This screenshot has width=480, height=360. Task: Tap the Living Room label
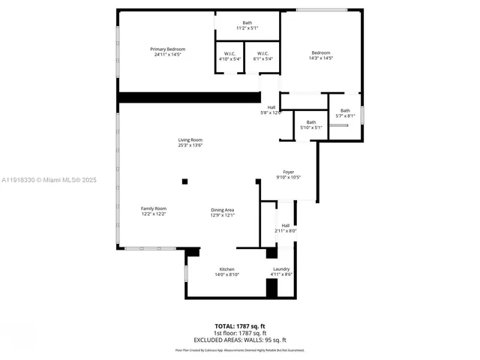click(x=190, y=142)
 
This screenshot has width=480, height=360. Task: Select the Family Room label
click(x=154, y=211)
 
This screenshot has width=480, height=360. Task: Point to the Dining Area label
click(x=223, y=212)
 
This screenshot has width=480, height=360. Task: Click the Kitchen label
click(x=226, y=271)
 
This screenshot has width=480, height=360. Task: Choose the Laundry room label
click(x=281, y=271)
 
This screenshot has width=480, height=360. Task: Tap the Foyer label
click(x=289, y=175)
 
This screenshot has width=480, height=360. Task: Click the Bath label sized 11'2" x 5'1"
click(x=247, y=25)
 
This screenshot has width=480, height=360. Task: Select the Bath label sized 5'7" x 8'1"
click(x=345, y=113)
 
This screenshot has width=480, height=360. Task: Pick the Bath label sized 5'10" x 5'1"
click(x=310, y=124)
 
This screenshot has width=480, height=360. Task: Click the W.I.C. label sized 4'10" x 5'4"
click(x=229, y=56)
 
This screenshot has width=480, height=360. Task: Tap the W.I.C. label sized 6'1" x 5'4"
click(x=262, y=56)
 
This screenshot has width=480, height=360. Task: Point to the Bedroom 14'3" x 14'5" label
click(x=321, y=55)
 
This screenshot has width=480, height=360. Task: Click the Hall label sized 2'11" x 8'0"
click(x=286, y=228)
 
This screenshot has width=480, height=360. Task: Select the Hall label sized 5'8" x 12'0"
click(x=271, y=110)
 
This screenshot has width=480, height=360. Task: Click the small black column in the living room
click(x=184, y=181)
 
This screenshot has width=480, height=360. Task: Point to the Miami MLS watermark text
click(x=49, y=180)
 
